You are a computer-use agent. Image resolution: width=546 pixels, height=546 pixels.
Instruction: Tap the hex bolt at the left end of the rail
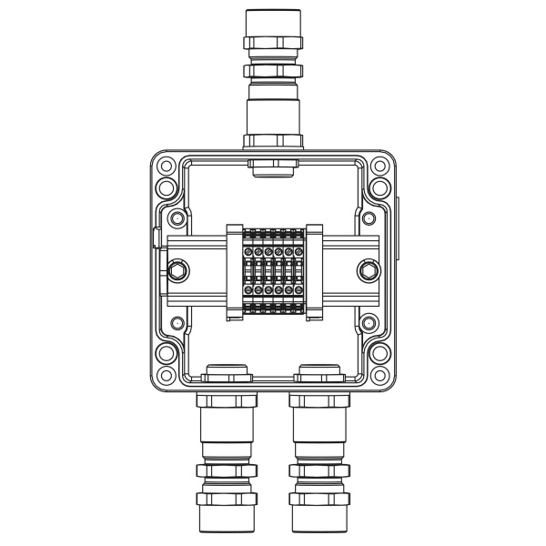pos(177,270)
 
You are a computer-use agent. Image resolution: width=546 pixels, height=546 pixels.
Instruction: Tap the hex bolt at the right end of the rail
pos(369,270)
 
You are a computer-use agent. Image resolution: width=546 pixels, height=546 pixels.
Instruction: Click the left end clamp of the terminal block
pos(233,271)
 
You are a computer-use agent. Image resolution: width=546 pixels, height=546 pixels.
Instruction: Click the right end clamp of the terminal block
pos(313,271)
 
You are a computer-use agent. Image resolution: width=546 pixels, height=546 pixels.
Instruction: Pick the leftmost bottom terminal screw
pos(248,291)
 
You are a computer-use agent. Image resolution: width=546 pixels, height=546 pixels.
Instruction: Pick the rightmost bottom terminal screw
pos(298,291)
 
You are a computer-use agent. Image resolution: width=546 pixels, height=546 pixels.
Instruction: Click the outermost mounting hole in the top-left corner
pos(166,167)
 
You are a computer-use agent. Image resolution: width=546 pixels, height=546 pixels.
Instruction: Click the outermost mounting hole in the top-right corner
pos(380,167)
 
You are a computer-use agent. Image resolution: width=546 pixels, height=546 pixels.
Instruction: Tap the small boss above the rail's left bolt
pos(177,219)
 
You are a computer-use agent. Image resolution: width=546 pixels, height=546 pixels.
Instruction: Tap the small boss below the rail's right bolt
pos(369,322)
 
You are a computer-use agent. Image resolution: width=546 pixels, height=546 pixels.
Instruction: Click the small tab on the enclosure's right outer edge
pos(398,218)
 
